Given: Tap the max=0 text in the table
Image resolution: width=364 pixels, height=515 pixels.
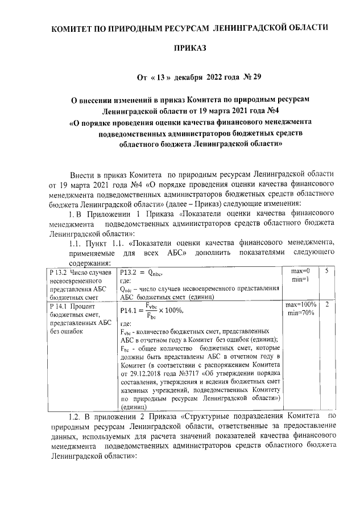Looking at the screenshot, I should coord(301,270).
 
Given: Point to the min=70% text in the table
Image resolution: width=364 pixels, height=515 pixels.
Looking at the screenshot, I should coord(301,313).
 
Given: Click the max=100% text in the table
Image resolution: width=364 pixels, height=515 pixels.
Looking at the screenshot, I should coord(301,305).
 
